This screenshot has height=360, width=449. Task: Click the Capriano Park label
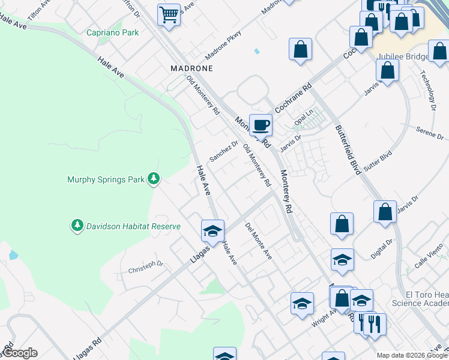click(x=113, y=32)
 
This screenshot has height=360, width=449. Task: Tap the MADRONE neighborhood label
click(x=191, y=68)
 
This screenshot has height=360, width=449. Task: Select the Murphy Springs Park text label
click(x=106, y=179)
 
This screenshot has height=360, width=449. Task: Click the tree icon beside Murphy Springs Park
click(x=154, y=178)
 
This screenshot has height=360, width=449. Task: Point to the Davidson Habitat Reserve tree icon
click(x=77, y=226)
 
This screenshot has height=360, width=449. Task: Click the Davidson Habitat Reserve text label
click(x=133, y=226)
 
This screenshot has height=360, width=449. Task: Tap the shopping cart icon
click(x=169, y=14)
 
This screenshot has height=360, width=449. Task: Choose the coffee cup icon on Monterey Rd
click(x=261, y=125)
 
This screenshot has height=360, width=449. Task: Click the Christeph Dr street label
click(x=145, y=267)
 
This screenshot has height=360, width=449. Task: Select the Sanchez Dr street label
click(x=223, y=151)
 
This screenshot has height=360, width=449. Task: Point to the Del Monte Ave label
click(x=259, y=241)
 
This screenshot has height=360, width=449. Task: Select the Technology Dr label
click(x=427, y=91)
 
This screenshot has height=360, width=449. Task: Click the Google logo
click(x=20, y=353)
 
